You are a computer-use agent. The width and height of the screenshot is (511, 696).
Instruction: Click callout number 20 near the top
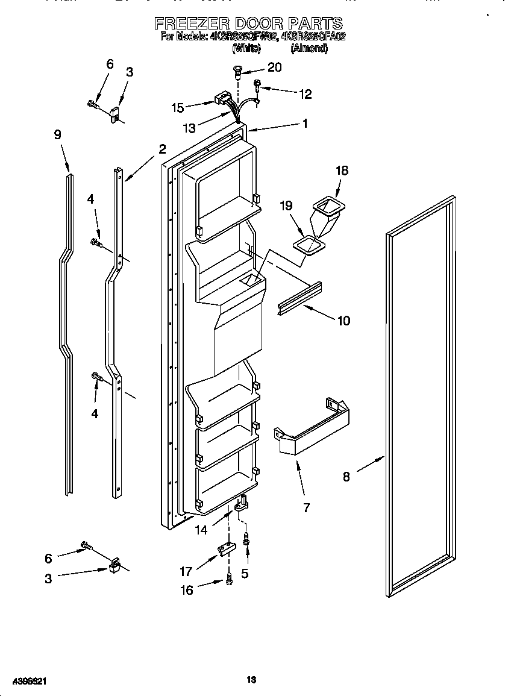[274, 67]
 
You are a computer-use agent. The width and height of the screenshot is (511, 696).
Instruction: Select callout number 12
[305, 93]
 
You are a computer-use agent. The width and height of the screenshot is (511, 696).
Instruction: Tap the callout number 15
[177, 108]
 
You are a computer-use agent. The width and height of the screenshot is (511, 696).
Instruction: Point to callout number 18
[342, 171]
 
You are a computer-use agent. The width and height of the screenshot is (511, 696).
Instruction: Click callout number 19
[286, 205]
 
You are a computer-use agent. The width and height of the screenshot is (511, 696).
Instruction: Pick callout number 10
[343, 321]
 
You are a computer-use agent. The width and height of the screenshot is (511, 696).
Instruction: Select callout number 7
[306, 507]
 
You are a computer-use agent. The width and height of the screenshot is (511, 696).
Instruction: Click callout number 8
[346, 476]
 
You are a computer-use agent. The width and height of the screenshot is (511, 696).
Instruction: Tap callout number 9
[58, 135]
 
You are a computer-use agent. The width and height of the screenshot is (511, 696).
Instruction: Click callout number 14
[201, 530]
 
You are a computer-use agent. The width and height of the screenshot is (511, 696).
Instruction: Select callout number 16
[187, 590]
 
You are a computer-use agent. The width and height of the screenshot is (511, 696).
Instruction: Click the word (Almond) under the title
[309, 49]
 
